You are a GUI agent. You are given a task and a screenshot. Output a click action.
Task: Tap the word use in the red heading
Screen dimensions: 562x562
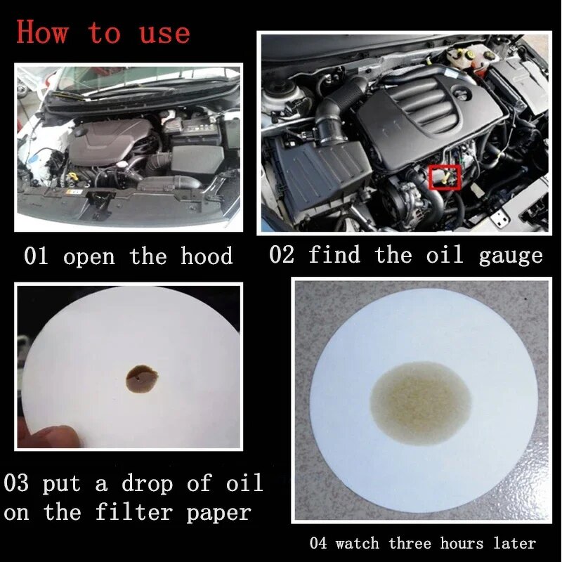164,33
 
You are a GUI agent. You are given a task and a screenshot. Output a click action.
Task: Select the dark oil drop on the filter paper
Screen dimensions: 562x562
141,379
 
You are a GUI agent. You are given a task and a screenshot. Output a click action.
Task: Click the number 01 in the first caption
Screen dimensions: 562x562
36,256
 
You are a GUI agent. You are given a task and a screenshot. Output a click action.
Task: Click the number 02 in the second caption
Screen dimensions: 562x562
282,254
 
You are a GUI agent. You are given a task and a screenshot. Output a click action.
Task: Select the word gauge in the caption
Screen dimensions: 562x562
511,255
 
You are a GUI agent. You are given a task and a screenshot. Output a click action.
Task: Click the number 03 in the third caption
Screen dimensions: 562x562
16,483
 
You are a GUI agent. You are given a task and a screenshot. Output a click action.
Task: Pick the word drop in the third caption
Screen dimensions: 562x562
146,483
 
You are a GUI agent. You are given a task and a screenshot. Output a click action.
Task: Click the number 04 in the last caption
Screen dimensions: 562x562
318,543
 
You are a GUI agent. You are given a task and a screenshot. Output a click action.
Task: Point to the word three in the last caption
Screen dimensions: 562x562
410,543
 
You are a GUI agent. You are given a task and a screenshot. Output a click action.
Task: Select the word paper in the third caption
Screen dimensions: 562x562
218,513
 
